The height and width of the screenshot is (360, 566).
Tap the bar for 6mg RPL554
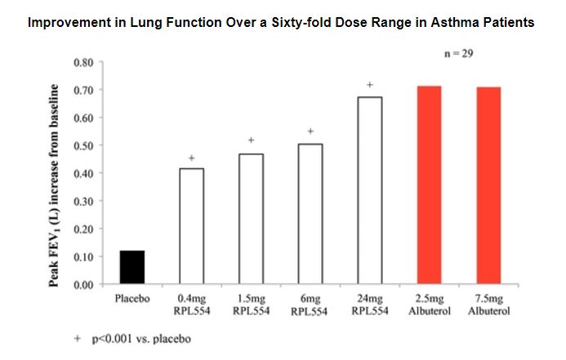click(x=310, y=214)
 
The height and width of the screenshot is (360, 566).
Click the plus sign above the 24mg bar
click(x=370, y=85)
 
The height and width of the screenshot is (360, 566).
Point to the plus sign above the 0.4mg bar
click(x=191, y=158)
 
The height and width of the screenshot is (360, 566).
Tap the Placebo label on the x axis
click(x=132, y=299)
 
